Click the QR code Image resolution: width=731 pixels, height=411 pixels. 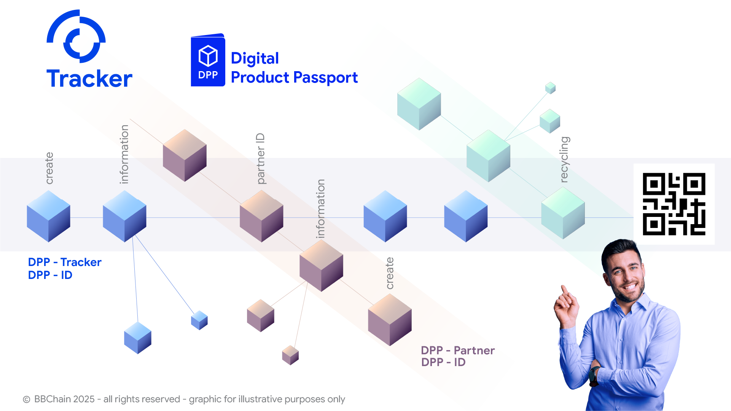[674, 204]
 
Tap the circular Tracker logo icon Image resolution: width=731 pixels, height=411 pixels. [76, 37]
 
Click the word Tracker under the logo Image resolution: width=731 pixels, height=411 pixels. [89, 79]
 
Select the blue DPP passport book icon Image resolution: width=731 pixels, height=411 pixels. [208, 61]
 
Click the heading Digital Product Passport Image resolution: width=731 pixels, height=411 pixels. [294, 68]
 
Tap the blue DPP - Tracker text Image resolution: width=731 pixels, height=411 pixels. [65, 262]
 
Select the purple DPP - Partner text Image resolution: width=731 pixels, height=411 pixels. [458, 350]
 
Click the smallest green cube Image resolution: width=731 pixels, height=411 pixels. [550, 88]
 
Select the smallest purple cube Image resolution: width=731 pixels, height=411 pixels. [290, 355]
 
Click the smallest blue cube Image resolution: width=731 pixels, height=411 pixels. [199, 320]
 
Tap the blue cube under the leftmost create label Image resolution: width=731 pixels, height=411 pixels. [48, 216]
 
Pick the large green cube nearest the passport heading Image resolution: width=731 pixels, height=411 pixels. [419, 104]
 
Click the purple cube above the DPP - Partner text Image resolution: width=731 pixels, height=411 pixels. [390, 319]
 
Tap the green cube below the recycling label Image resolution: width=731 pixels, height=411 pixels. [563, 213]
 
